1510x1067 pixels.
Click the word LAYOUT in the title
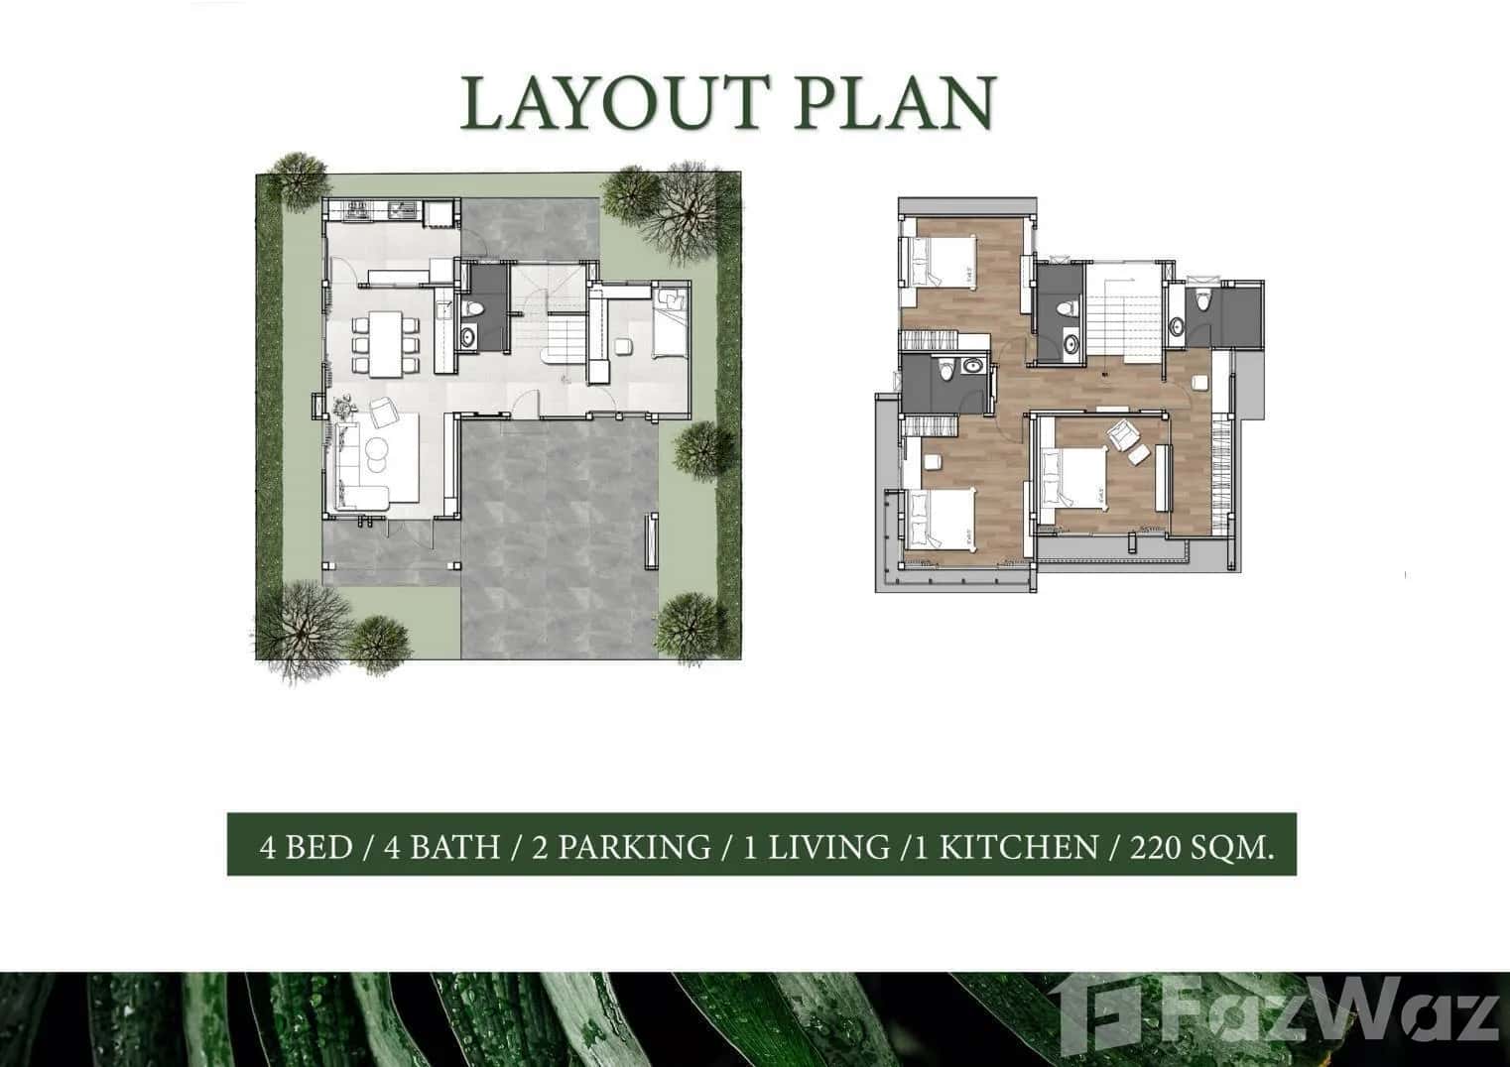coord(615,102)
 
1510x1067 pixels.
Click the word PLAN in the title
coord(893,102)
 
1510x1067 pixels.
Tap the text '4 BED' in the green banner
coord(306,847)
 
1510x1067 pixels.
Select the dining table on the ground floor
coord(385,342)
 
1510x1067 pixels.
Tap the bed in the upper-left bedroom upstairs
coord(938,263)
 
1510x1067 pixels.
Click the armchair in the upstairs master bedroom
coord(1124,436)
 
